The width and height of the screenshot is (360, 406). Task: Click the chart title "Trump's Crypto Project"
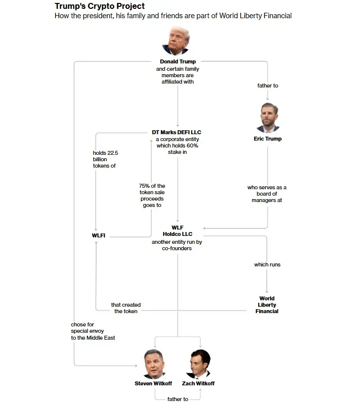click(x=100, y=6)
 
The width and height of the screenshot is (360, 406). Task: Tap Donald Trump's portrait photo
click(x=176, y=41)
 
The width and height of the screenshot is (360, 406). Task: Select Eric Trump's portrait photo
click(x=268, y=118)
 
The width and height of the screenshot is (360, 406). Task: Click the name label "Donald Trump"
click(x=178, y=62)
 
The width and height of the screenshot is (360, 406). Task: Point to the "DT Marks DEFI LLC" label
click(x=177, y=132)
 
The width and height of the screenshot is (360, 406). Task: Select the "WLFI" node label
click(x=99, y=236)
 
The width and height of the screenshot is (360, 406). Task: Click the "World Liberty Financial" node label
click(x=267, y=305)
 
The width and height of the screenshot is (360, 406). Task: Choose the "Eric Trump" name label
click(x=268, y=139)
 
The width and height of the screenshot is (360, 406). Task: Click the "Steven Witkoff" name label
click(x=153, y=383)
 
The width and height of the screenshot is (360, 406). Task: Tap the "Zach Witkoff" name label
click(x=199, y=383)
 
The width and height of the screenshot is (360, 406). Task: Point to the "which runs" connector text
click(x=267, y=264)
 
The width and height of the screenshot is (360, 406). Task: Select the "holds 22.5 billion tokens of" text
click(x=105, y=159)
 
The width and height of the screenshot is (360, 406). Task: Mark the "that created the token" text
click(x=126, y=308)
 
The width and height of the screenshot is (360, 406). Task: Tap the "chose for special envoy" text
click(x=92, y=331)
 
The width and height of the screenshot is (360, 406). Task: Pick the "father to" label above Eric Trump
click(x=268, y=86)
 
